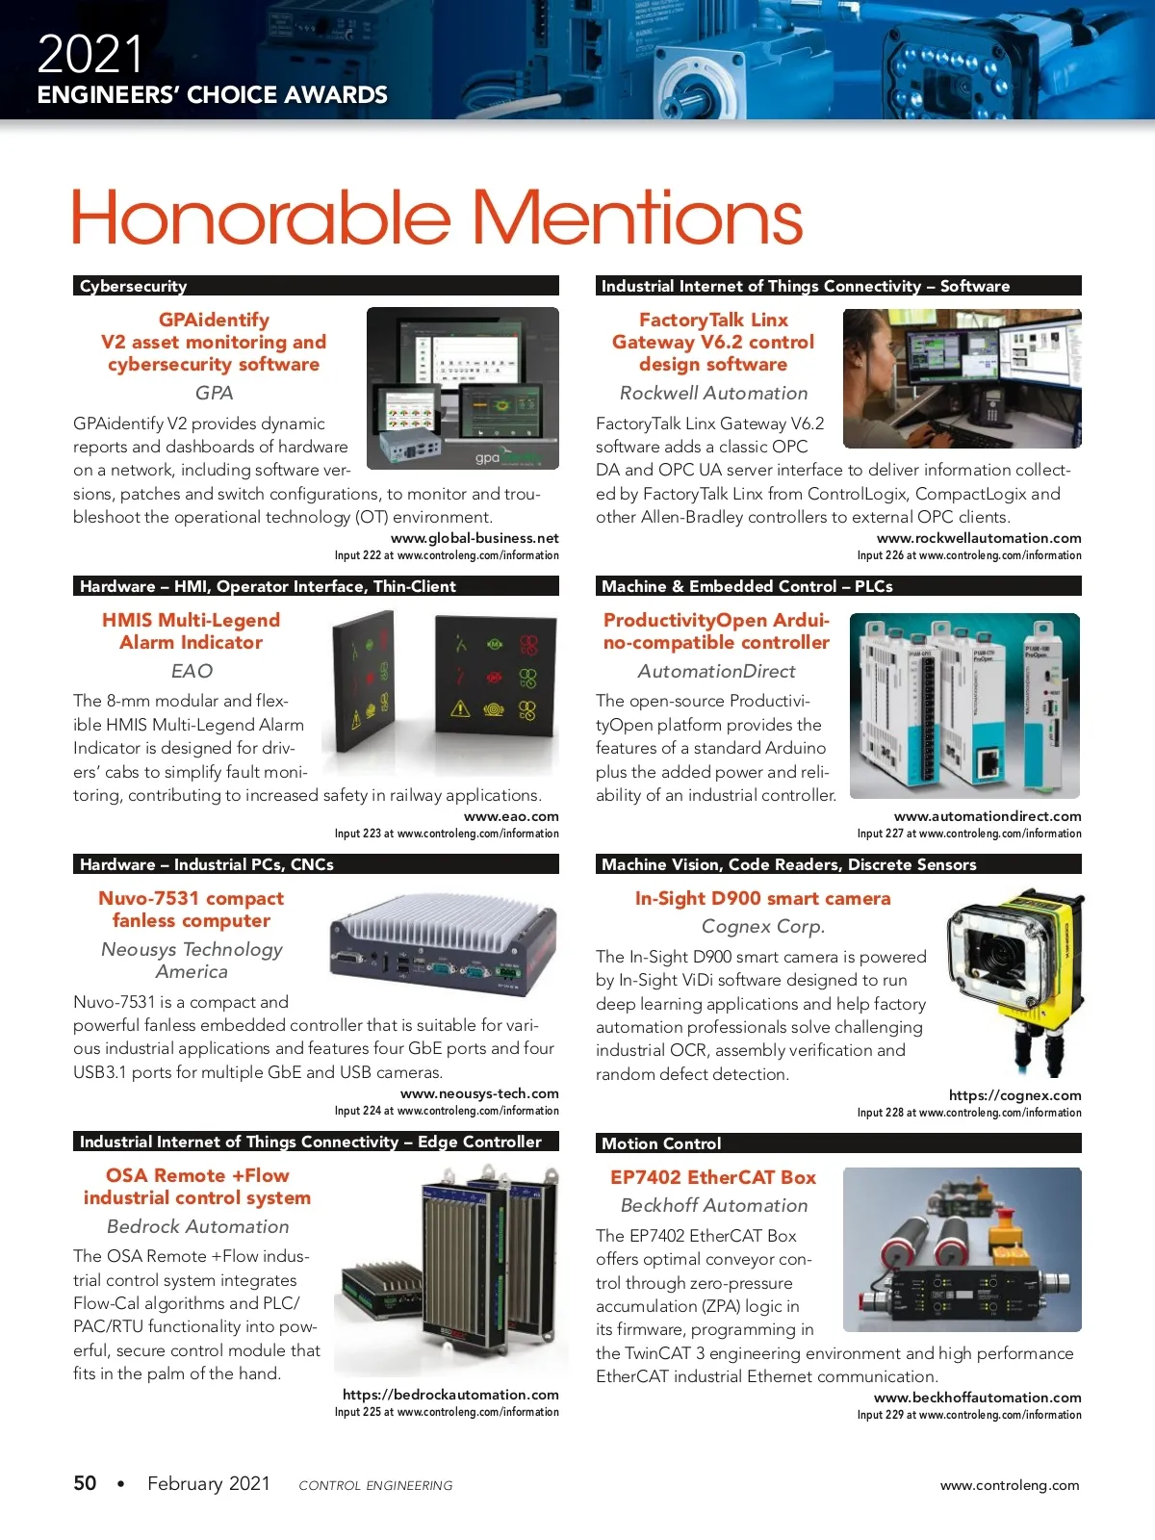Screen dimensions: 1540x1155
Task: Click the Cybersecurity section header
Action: (133, 286)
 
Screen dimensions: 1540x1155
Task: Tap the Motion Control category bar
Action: (661, 1143)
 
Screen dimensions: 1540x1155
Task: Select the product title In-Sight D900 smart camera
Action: (762, 898)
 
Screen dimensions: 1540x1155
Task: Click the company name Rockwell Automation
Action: (713, 393)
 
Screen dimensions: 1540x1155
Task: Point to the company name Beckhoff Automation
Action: (714, 1205)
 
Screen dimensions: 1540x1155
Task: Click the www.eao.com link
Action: (511, 816)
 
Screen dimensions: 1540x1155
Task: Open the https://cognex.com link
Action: (1014, 1095)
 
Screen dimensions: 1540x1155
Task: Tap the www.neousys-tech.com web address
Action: (479, 1093)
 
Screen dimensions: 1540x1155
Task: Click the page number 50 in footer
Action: (85, 1483)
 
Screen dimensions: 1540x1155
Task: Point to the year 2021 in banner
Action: (90, 54)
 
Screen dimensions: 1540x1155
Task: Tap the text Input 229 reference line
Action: (969, 1415)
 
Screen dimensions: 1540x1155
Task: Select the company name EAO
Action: (192, 671)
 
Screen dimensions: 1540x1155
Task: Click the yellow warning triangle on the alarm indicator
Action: (460, 709)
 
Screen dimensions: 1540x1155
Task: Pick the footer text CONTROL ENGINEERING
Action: (375, 1485)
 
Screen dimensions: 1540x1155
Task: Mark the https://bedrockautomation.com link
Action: (450, 1395)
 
